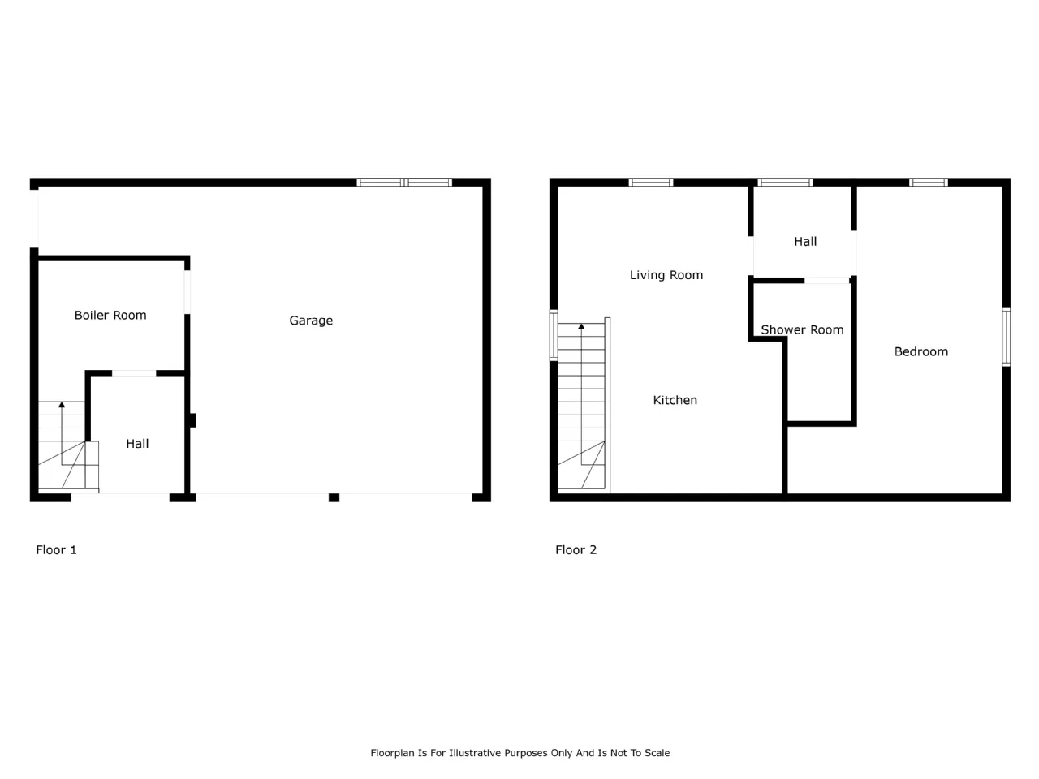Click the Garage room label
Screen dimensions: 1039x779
coord(311,321)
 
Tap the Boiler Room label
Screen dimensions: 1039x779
coord(110,315)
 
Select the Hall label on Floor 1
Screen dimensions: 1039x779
coord(137,444)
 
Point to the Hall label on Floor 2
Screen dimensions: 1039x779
coord(804,242)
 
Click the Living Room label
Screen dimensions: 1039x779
coord(666,275)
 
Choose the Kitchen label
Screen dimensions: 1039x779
coord(675,400)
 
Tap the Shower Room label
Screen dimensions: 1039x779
coord(802,329)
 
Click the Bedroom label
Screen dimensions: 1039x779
coord(920,351)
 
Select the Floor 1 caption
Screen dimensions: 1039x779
coord(56,549)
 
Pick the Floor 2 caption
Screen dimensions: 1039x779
coord(576,549)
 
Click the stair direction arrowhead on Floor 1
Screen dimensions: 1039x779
coord(62,404)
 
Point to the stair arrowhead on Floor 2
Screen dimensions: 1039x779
coord(581,326)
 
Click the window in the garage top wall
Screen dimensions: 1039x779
coord(404,182)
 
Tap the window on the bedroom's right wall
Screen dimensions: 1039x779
coord(1006,336)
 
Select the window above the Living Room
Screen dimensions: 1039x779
coord(651,182)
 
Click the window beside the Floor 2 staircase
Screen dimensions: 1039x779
coord(554,335)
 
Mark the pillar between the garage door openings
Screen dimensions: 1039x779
coord(334,497)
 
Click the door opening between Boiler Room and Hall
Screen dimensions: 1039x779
coord(134,373)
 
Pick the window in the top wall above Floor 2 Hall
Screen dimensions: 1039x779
coord(785,182)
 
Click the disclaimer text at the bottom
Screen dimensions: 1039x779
coord(519,753)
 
